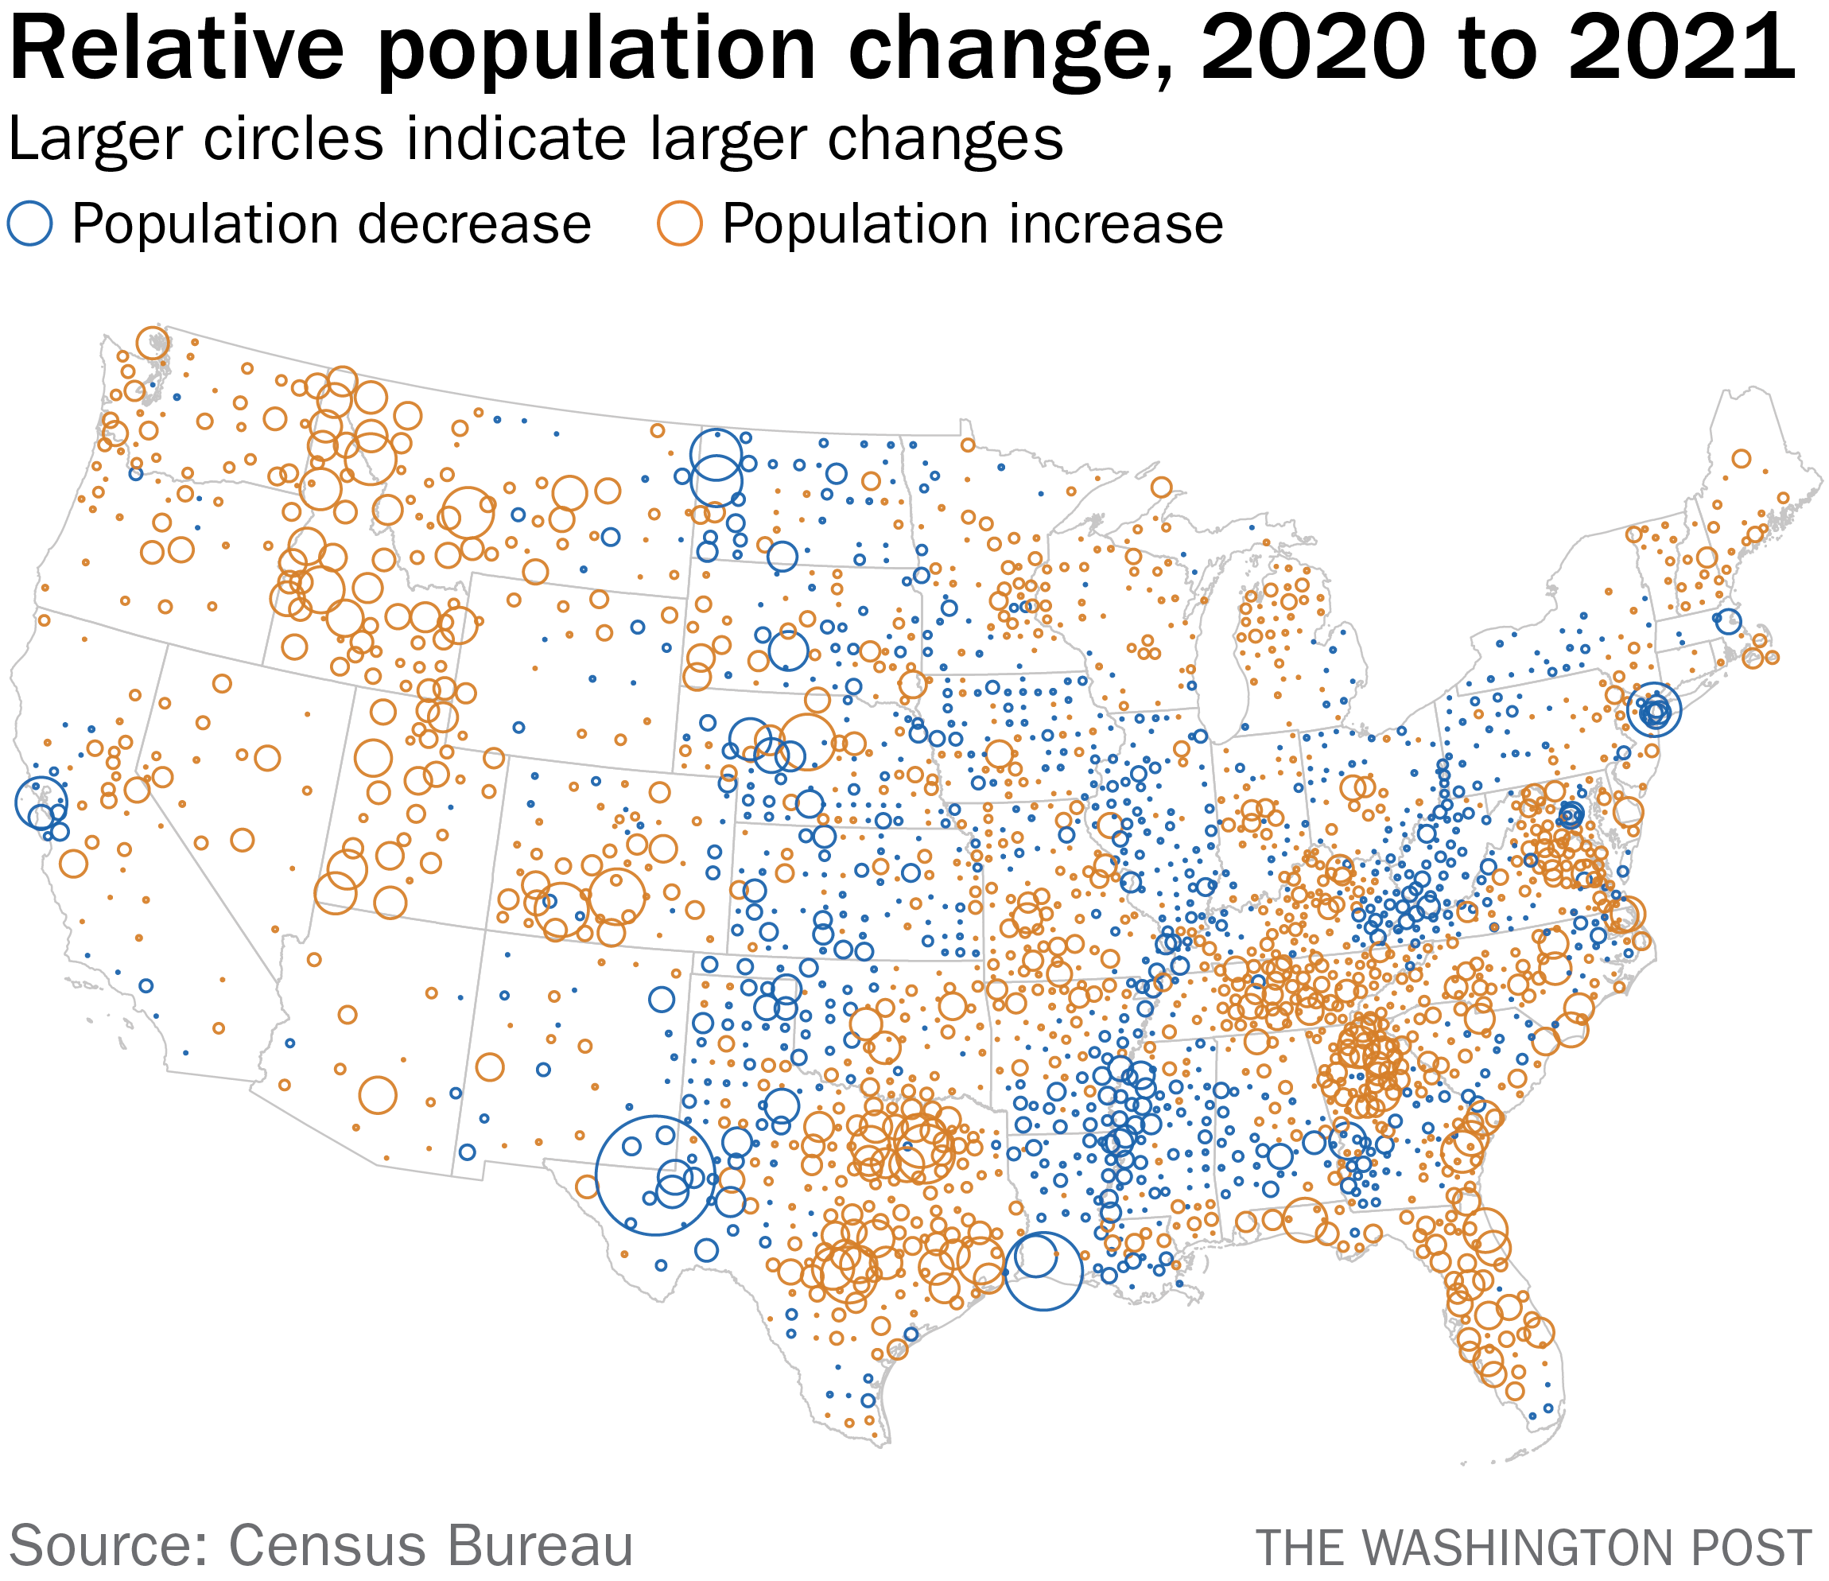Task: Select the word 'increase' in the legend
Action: pyautogui.click(x=1113, y=224)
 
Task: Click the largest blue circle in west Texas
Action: pyautogui.click(x=655, y=1174)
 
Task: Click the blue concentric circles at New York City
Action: pyautogui.click(x=1654, y=709)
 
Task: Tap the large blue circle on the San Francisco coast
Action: pyautogui.click(x=41, y=802)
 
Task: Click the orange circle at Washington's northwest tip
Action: pyautogui.click(x=153, y=343)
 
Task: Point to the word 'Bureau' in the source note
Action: pyautogui.click(x=540, y=1544)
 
